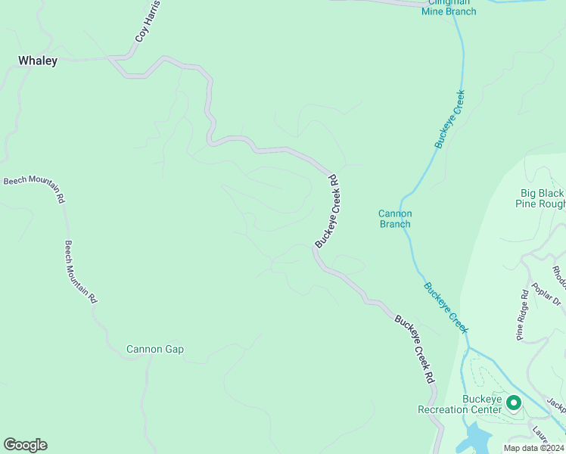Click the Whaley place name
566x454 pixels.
pos(38,61)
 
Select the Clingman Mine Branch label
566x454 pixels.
pos(449,7)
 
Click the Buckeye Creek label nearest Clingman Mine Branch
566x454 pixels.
pos(449,119)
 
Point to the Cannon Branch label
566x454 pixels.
pos(395,219)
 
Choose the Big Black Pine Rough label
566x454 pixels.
pos(540,198)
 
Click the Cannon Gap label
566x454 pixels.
pos(155,349)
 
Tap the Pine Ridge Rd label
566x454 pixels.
pos(522,315)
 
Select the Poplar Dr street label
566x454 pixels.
pos(546,291)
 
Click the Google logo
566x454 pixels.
pos(25,445)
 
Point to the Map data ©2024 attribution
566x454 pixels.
pos(533,448)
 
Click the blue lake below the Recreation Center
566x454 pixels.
pos(477,438)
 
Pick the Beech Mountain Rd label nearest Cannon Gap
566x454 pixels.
pos(80,272)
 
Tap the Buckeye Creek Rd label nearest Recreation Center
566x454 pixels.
pos(417,348)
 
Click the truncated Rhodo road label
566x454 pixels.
pos(558,276)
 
